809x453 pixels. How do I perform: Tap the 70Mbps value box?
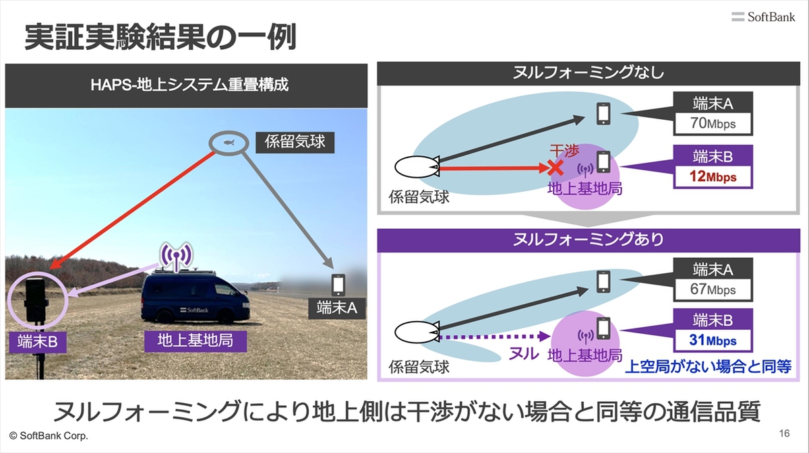[x=713, y=124]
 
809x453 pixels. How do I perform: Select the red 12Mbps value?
[x=713, y=178]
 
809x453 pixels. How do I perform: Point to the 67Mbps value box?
[x=713, y=290]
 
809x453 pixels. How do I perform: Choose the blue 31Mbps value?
[x=713, y=341]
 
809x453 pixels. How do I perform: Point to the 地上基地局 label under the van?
[x=195, y=341]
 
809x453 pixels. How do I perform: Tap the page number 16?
[x=783, y=433]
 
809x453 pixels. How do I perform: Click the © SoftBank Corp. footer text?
[x=49, y=436]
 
